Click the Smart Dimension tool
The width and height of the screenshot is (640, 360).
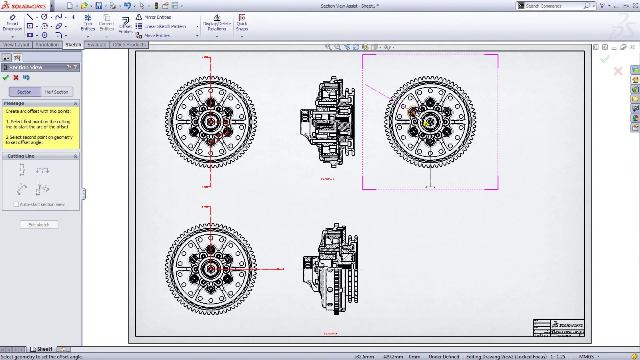(x=12, y=23)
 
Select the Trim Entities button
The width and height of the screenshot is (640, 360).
(x=88, y=23)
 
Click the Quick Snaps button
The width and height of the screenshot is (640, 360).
(x=242, y=23)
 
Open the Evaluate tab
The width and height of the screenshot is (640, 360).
(x=97, y=45)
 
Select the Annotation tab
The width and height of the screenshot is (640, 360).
(x=47, y=45)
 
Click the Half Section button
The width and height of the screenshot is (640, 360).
(x=56, y=92)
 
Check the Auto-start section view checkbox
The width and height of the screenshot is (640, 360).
(x=16, y=204)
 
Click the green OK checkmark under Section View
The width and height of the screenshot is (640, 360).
(x=6, y=78)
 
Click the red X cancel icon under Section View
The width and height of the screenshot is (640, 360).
(x=16, y=78)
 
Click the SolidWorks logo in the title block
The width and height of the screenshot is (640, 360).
(x=567, y=325)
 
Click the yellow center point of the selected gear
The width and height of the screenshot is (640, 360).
(x=426, y=124)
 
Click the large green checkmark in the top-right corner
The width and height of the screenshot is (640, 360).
(x=604, y=60)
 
